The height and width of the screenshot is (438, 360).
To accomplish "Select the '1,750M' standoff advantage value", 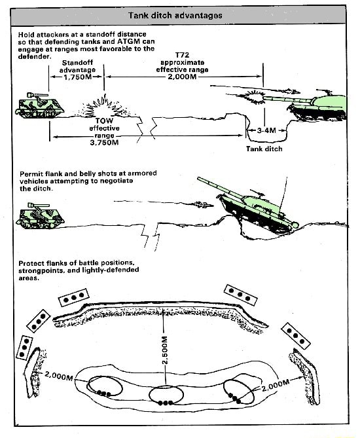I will (77, 77).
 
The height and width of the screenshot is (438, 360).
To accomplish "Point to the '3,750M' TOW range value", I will (103, 142).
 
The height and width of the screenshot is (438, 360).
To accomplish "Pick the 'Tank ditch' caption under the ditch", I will (264, 149).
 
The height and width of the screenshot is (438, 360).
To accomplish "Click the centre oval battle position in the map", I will (164, 395).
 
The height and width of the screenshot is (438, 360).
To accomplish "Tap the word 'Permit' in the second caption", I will (32, 173).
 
